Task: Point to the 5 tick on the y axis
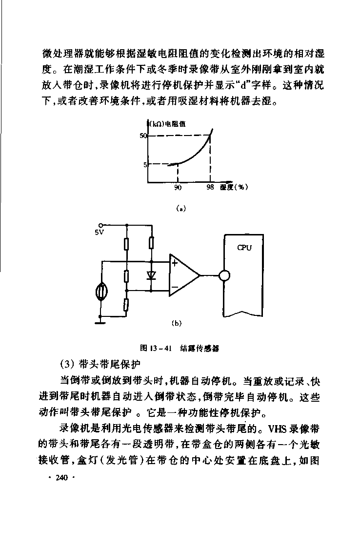pos(145,165)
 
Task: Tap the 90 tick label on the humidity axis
pos(178,187)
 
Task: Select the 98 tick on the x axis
pos(210,187)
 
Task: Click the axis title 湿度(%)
pos(234,187)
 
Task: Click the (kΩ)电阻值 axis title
pos(167,124)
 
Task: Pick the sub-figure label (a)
pos(181,209)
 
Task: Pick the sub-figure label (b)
pos(177,324)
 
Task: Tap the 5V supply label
pos(100,232)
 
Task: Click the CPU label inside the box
pos(244,248)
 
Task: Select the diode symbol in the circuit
pos(151,275)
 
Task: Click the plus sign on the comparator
pos(174,263)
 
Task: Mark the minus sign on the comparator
pos(175,288)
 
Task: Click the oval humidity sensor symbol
pos(101,292)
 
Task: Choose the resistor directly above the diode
pos(151,243)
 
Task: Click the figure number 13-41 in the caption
pos(160,348)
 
